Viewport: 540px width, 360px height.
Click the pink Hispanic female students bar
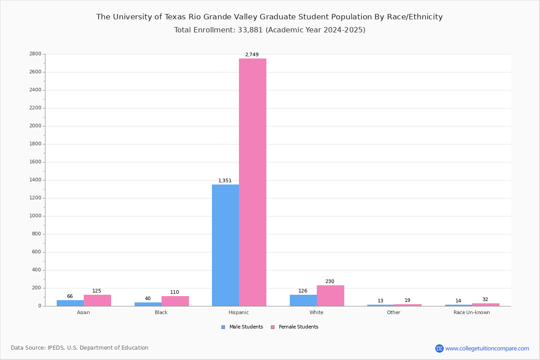[252, 182]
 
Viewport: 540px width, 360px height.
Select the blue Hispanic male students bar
[225, 245]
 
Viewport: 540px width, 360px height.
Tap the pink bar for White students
[330, 296]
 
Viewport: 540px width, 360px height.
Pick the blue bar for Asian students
[70, 303]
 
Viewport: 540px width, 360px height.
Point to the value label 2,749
[252, 55]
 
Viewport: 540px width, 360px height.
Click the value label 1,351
[225, 181]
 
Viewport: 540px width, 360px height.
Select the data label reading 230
[330, 282]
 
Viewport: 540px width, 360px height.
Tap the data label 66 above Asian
[70, 297]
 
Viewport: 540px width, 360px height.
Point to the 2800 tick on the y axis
[36, 54]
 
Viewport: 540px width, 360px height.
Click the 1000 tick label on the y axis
[36, 216]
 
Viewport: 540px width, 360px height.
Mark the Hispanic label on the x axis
[238, 312]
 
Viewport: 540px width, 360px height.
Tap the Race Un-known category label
[472, 312]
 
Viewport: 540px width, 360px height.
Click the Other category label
[393, 312]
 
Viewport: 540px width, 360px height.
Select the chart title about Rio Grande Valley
[270, 17]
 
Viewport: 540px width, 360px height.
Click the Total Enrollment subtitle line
[270, 30]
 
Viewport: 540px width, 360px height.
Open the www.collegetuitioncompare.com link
[487, 348]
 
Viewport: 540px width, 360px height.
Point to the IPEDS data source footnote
[80, 348]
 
